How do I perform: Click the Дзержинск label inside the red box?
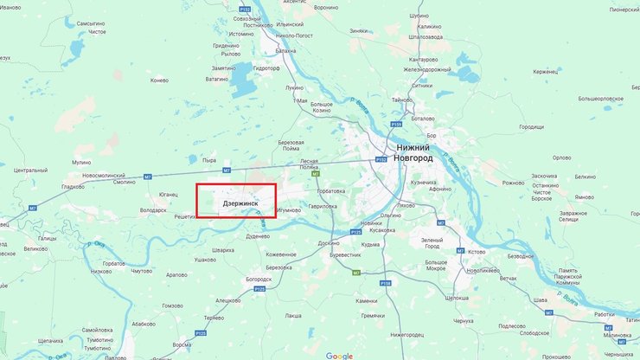point(240,203)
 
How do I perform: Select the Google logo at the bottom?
point(339,355)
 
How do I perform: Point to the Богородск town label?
point(264,280)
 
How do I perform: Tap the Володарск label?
point(153,209)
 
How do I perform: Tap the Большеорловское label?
point(600,99)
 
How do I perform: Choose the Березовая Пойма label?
point(291,145)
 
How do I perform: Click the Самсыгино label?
point(91,23)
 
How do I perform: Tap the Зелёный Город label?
point(432,242)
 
